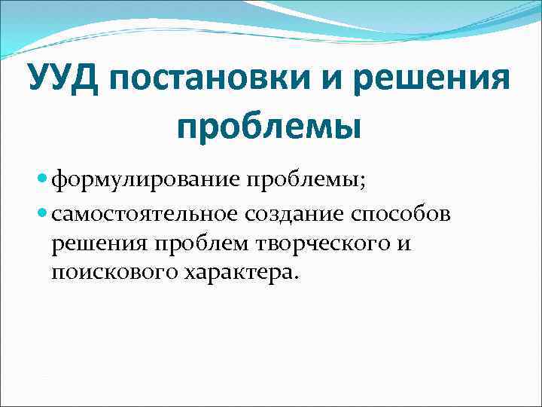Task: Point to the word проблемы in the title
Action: coord(269,124)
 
